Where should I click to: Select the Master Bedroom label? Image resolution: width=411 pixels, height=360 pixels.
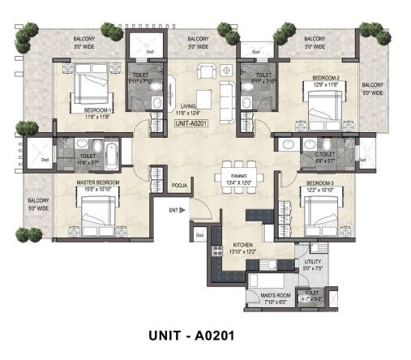point(98,182)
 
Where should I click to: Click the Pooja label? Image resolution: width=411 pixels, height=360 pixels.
point(180,186)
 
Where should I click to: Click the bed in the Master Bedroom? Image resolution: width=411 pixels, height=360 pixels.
point(101,213)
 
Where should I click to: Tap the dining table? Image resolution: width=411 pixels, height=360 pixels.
point(238,173)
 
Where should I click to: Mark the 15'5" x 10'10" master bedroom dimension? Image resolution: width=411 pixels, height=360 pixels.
point(98,190)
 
